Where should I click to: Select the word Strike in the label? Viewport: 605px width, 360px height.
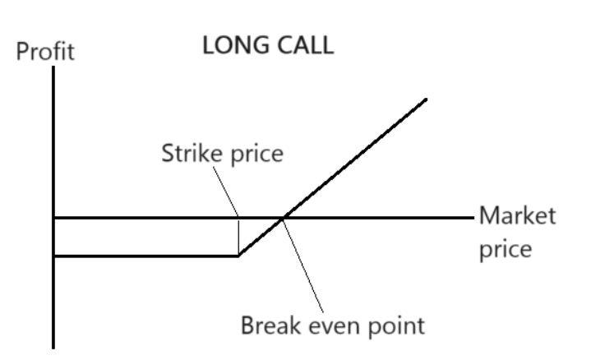tap(186, 157)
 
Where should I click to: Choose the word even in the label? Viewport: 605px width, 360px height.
tap(334, 325)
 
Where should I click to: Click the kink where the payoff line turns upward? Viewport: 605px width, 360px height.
tap(238, 256)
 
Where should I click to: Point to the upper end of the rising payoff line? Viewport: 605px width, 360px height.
tap(427, 99)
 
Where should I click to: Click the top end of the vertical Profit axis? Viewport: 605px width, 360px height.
tap(54, 67)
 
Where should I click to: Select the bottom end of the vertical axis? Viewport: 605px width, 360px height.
tap(54, 347)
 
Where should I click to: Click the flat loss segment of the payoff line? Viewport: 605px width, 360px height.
tap(148, 256)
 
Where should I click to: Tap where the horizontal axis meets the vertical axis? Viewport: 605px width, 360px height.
tap(54, 218)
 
